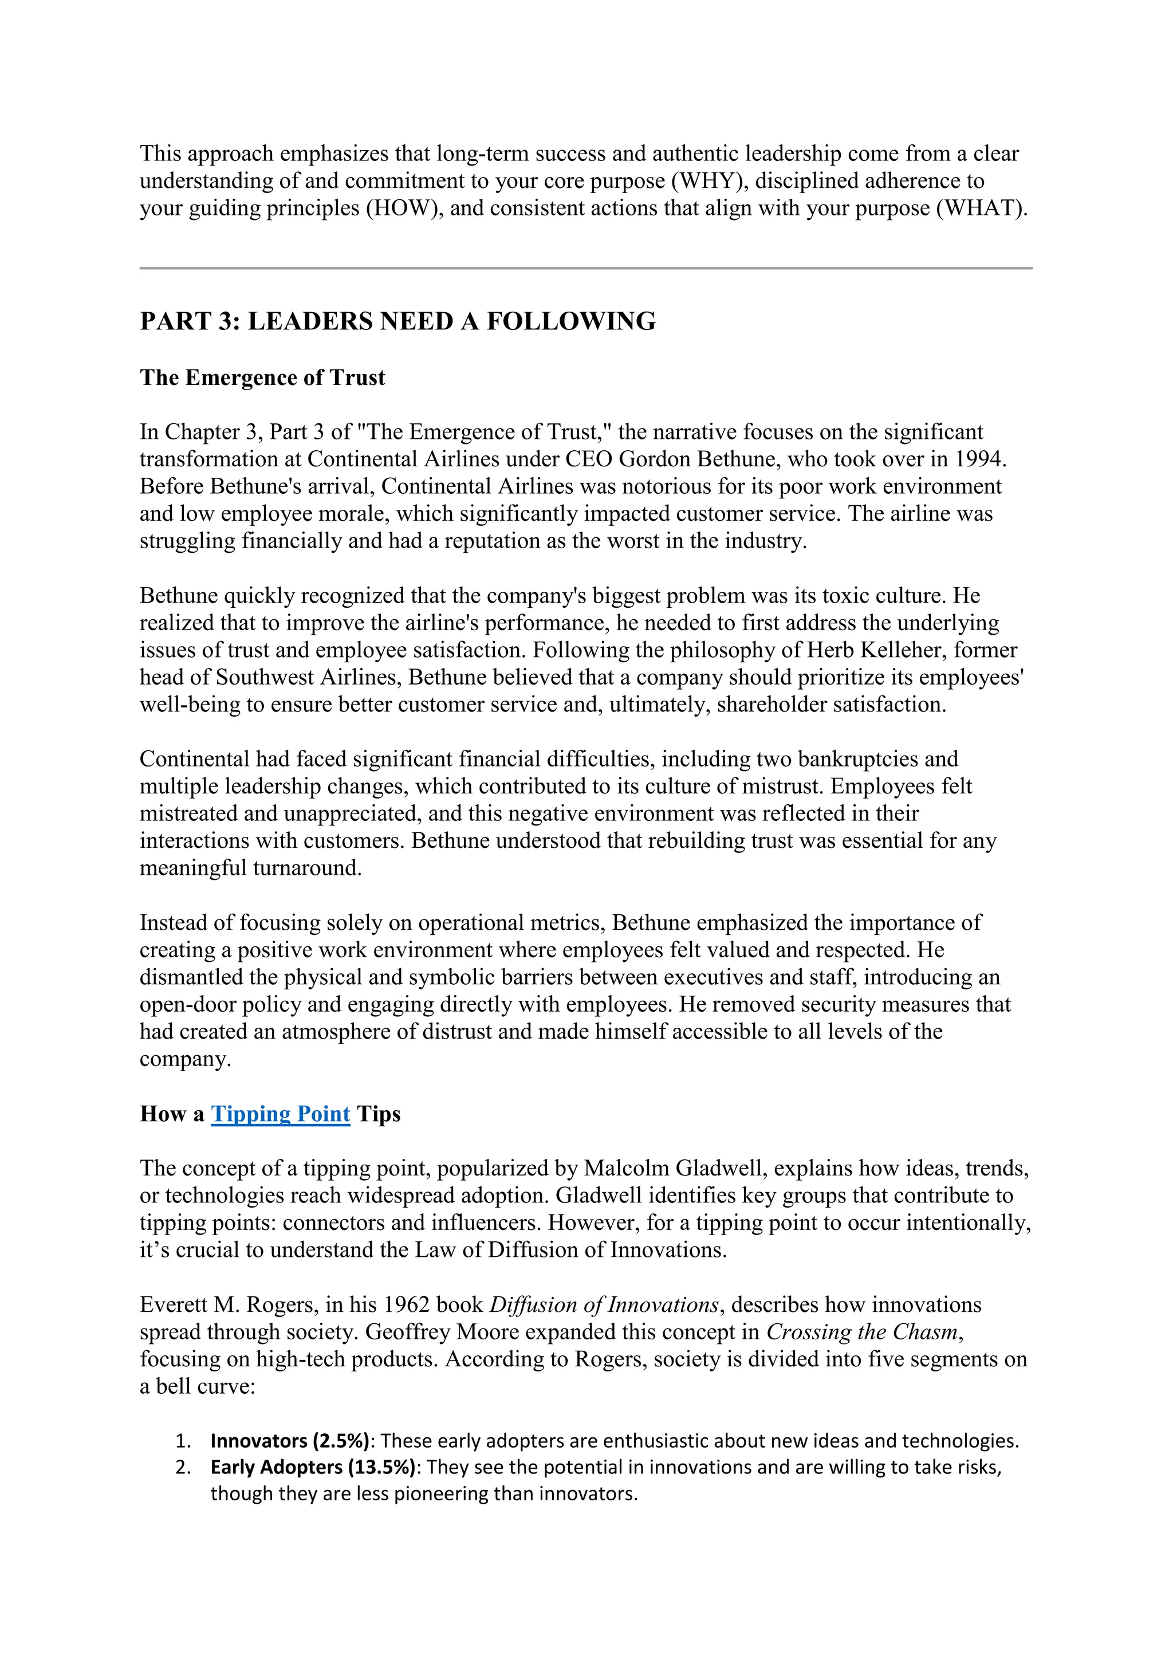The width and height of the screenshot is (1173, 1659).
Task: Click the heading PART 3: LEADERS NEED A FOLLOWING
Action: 397,321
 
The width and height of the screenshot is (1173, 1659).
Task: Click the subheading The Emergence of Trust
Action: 262,378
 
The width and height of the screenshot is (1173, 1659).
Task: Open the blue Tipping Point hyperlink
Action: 280,1114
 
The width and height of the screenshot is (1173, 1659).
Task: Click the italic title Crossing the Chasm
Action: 864,1332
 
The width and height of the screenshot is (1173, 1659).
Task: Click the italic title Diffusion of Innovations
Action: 604,1305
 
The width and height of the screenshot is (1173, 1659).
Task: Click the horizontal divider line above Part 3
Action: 586,268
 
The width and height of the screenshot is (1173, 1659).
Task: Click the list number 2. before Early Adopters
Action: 183,1468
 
